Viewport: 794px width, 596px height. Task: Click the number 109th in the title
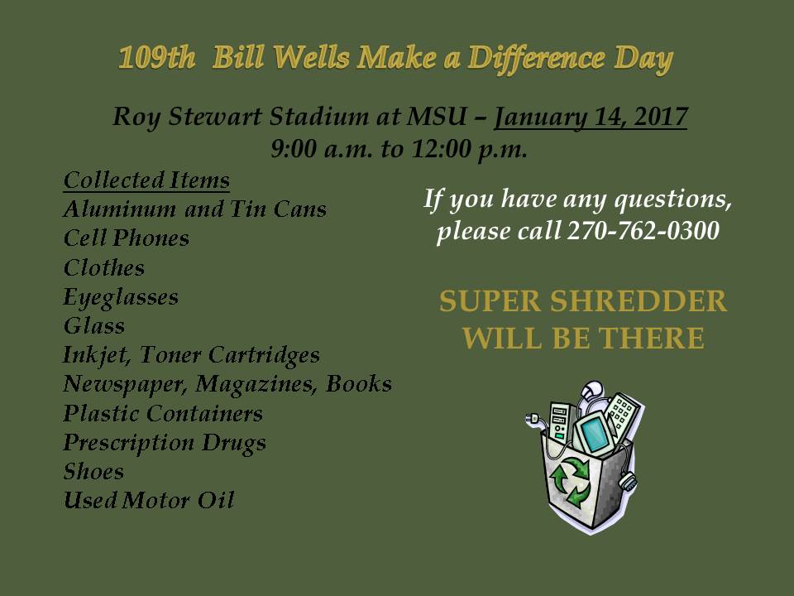click(x=156, y=57)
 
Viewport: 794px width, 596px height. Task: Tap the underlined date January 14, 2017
click(x=591, y=117)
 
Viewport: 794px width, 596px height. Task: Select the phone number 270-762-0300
click(x=643, y=231)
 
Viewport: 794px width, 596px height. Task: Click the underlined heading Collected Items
click(x=147, y=180)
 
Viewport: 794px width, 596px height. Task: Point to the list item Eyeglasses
click(x=121, y=297)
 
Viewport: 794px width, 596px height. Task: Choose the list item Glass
click(x=94, y=326)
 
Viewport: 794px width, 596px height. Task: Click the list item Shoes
click(x=93, y=472)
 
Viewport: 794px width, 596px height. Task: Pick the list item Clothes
click(x=104, y=267)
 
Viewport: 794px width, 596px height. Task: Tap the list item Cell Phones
click(x=127, y=238)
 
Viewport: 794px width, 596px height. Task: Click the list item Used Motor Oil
click(x=149, y=501)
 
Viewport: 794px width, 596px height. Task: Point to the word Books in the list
click(x=358, y=383)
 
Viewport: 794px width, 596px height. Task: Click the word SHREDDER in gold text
click(x=639, y=301)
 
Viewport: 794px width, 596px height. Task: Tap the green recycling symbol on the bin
click(x=571, y=482)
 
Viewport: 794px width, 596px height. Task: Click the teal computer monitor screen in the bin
click(x=592, y=434)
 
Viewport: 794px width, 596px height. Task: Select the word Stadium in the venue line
click(x=320, y=117)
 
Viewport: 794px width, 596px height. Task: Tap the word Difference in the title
click(x=536, y=58)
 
